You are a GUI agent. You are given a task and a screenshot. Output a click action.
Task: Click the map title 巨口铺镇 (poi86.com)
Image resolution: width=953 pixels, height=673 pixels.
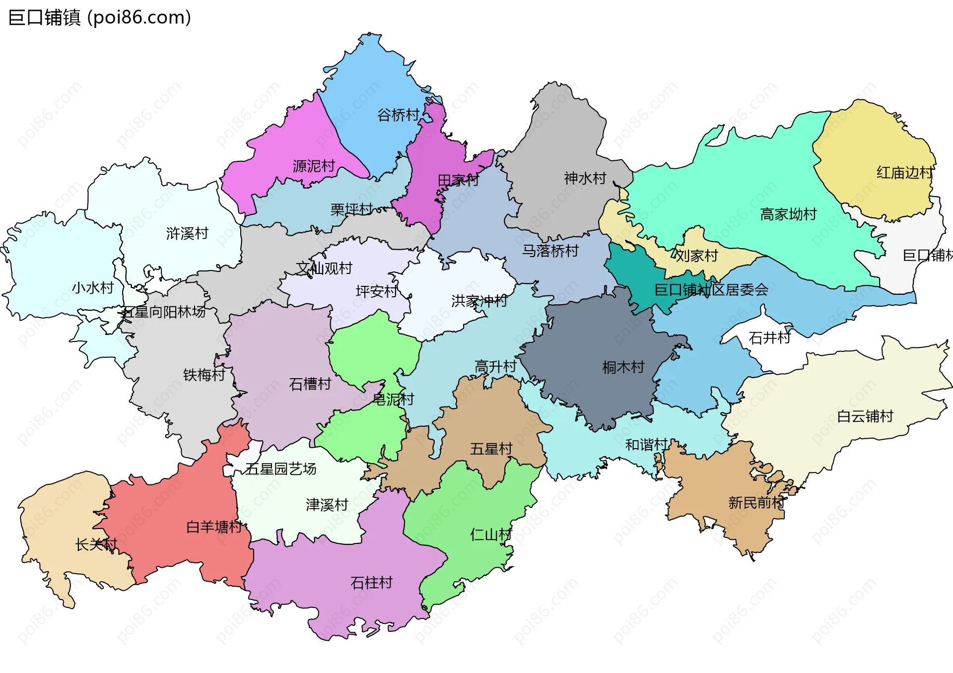click(x=99, y=17)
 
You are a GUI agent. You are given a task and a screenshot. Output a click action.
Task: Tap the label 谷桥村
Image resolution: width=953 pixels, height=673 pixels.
click(x=398, y=115)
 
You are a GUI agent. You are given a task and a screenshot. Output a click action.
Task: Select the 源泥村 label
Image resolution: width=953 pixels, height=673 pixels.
click(x=314, y=166)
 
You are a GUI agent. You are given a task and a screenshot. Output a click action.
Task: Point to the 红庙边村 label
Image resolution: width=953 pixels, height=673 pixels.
click(x=904, y=173)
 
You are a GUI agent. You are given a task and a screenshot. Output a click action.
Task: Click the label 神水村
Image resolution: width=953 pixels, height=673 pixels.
click(x=585, y=178)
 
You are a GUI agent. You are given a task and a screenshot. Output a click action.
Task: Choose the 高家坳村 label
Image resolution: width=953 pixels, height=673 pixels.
click(x=788, y=214)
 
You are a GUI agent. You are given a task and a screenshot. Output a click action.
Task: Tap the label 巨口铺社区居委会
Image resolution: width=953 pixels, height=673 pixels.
click(x=711, y=290)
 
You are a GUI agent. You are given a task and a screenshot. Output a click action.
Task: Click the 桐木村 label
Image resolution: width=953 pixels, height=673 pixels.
click(x=623, y=367)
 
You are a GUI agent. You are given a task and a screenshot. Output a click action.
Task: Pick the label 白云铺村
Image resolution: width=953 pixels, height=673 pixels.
click(x=865, y=416)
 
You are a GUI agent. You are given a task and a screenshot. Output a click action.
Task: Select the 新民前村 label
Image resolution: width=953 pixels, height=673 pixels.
click(x=756, y=503)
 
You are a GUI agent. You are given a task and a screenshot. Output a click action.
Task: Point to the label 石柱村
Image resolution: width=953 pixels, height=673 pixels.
click(x=371, y=582)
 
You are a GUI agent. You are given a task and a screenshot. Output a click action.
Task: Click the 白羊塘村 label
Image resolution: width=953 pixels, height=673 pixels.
click(x=214, y=527)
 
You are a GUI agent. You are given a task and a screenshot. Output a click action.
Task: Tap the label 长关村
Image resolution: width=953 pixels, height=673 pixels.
click(x=96, y=544)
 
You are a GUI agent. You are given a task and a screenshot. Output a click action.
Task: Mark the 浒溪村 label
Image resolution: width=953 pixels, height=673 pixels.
click(x=187, y=233)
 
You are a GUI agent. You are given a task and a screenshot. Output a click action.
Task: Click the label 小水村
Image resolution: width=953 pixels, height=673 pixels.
click(x=93, y=287)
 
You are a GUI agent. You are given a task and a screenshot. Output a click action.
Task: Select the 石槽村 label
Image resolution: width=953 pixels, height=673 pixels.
click(x=310, y=384)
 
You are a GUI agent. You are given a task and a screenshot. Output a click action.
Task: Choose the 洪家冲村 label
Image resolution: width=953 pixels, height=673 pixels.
click(x=479, y=301)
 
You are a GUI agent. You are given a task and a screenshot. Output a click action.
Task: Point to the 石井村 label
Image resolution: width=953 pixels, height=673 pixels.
click(x=769, y=338)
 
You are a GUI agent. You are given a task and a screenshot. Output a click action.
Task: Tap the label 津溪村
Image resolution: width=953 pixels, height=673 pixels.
click(x=327, y=505)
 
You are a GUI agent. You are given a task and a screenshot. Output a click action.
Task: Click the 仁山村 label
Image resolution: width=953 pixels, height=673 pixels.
click(x=491, y=535)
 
